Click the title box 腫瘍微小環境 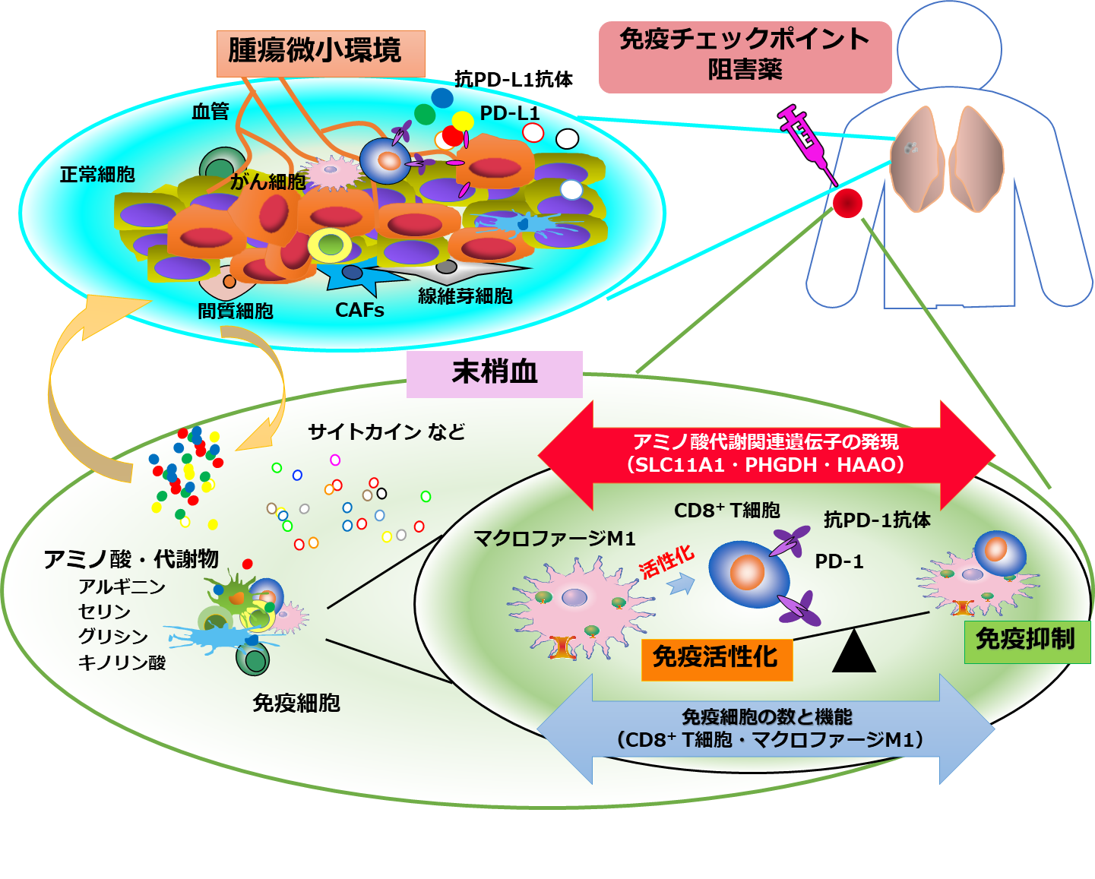click(320, 52)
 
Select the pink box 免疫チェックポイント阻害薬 click(745, 56)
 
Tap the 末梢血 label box click(494, 373)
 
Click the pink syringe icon click(806, 140)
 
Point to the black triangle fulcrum click(854, 652)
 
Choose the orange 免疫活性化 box click(716, 657)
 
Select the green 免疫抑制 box click(1026, 640)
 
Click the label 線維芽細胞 click(465, 296)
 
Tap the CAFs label click(359, 310)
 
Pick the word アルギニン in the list click(122, 587)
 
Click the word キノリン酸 click(122, 662)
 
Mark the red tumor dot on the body click(847, 203)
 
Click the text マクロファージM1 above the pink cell click(554, 539)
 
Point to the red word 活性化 click(666, 561)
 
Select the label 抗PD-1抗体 click(877, 520)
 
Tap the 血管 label click(210, 112)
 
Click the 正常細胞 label click(97, 174)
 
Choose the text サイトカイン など click(386, 432)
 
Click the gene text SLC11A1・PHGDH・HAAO click(766, 465)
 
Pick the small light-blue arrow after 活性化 click(682, 583)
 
